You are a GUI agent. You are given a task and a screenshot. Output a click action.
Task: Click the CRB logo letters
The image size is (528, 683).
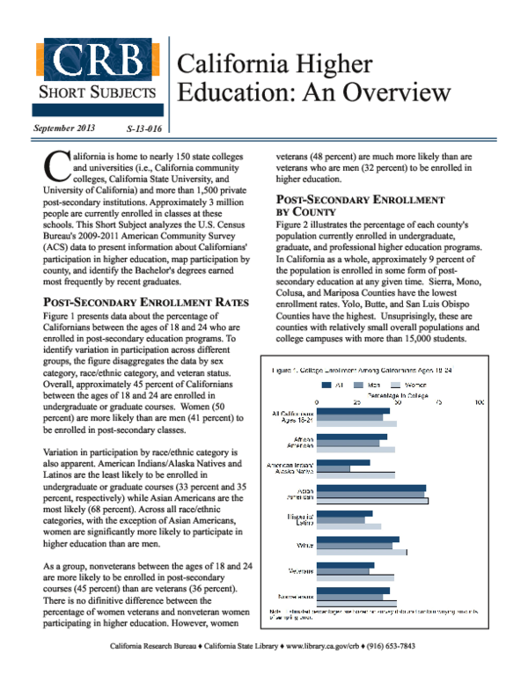pyautogui.click(x=99, y=60)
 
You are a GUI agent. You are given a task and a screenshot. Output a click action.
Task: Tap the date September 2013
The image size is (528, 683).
pyautogui.click(x=64, y=129)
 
